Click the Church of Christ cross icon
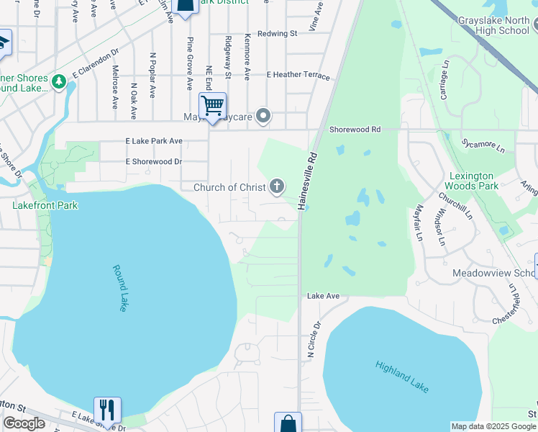(275, 187)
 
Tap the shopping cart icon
(213, 106)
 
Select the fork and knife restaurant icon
(107, 410)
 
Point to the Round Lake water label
(120, 288)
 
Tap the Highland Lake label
(402, 376)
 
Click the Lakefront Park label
(45, 205)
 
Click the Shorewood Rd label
(355, 130)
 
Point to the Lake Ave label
(323, 296)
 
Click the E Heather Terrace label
(298, 75)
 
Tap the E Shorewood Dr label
(153, 162)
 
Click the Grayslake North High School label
(493, 26)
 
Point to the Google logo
(24, 423)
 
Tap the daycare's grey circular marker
(264, 115)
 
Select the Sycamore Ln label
(483, 144)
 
